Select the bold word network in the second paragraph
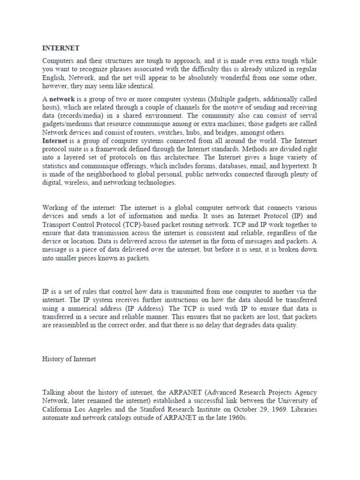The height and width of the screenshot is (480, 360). pyautogui.click(x=62, y=99)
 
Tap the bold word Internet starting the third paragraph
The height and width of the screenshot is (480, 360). pyautogui.click(x=55, y=141)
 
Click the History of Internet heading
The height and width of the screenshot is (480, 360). pyautogui.click(x=69, y=359)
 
